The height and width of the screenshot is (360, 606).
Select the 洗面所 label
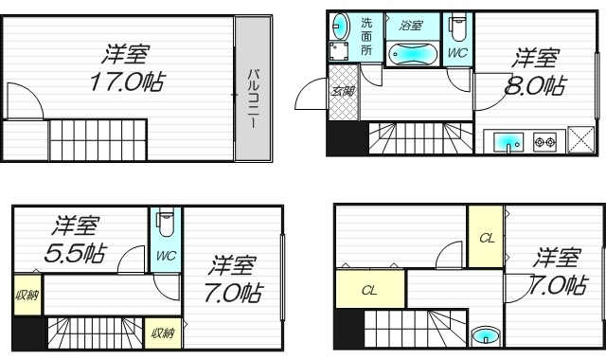(x=366, y=36)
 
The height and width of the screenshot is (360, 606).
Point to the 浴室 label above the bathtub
(x=410, y=25)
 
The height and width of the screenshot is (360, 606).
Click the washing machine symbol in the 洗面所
(x=341, y=53)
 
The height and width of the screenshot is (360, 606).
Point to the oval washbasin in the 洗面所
(x=341, y=26)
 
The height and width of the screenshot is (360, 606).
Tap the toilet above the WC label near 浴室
(x=457, y=27)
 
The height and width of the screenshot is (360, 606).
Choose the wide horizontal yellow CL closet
(x=369, y=290)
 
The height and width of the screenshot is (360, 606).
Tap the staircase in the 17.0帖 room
(x=98, y=140)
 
